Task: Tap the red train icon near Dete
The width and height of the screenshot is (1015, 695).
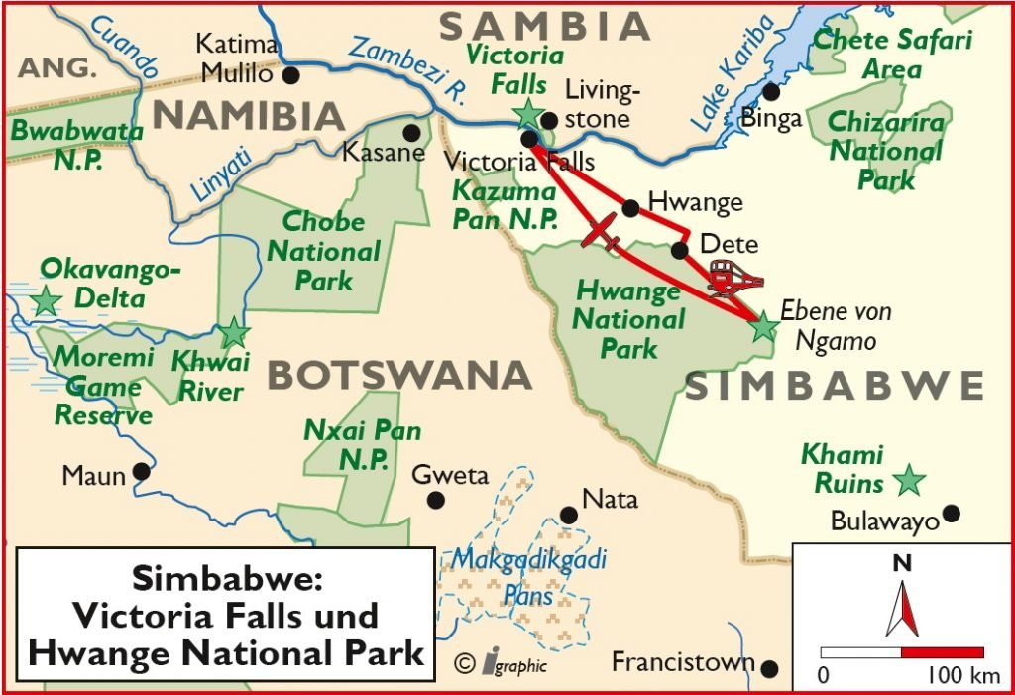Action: point(734,279)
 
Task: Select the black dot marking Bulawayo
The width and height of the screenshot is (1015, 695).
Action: point(952,513)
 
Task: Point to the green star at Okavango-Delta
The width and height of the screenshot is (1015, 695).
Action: point(45,300)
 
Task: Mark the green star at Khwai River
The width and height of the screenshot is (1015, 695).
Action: point(234,332)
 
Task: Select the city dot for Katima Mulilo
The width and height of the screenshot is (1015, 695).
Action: point(290,74)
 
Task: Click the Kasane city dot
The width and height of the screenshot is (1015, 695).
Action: point(411,132)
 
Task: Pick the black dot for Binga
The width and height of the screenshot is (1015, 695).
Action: point(770,91)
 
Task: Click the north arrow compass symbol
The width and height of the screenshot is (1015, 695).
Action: point(902,607)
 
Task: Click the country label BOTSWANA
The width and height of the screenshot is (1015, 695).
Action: point(399,376)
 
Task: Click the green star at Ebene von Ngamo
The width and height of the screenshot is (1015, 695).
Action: point(763,326)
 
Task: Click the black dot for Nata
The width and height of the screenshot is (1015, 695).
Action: point(569,515)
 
